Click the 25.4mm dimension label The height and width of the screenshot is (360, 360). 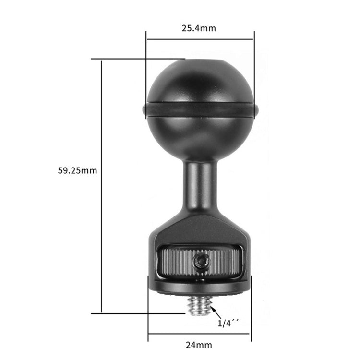(198, 28)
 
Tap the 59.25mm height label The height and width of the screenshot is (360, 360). (77, 170)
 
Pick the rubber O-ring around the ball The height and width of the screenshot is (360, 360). (200, 109)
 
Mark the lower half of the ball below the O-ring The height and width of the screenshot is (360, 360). (200, 137)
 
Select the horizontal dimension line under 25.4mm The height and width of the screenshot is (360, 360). (200, 39)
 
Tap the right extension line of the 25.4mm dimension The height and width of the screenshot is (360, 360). (254, 72)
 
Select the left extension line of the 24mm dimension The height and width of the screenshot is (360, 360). (148, 312)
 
